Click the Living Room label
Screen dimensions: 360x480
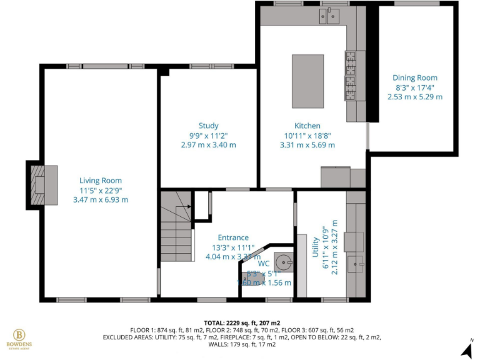[x=100, y=181]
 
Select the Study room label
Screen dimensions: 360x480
[x=208, y=126]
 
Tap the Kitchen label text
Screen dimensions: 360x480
[x=307, y=126]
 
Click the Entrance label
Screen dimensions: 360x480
[x=233, y=237]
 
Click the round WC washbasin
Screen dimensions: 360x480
[x=285, y=261]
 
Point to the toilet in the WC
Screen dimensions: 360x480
[x=253, y=276]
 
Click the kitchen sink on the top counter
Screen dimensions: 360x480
[x=332, y=15]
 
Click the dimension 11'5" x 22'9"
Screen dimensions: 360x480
[x=100, y=190]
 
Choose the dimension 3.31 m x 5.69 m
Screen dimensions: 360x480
[x=307, y=145]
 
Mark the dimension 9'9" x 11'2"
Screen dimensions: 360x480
[x=208, y=135]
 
